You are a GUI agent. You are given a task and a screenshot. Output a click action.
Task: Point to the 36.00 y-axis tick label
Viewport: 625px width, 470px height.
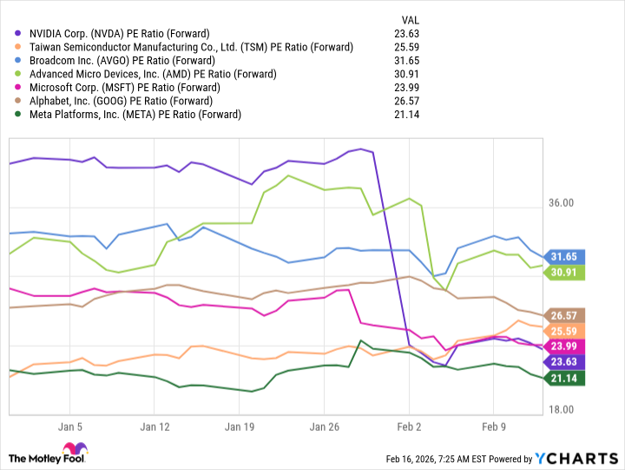click(562, 203)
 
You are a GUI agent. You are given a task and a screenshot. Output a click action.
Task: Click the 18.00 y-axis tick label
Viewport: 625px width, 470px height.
click(562, 409)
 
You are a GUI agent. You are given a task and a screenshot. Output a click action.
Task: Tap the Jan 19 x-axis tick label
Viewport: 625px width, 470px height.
click(240, 427)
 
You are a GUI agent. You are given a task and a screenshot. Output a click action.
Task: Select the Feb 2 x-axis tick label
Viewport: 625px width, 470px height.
click(409, 427)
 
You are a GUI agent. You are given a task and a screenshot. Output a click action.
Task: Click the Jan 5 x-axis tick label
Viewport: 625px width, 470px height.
click(69, 427)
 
